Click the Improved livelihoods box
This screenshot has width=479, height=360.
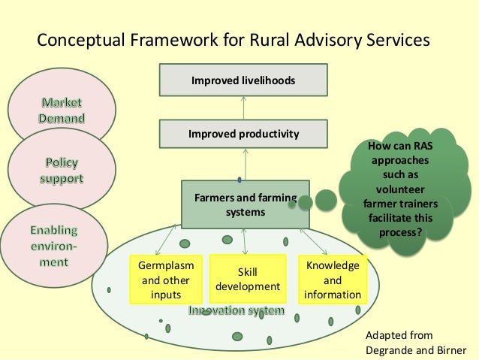coord(243,80)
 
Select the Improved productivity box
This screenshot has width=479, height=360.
coord(243,135)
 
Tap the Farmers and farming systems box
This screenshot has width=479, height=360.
coord(246,204)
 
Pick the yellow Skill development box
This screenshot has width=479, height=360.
coord(248,279)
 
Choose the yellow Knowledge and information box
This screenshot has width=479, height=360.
coord(332,279)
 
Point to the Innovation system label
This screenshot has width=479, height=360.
coord(236,310)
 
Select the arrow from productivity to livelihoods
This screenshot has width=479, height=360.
coord(243,108)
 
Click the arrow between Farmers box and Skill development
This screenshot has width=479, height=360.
coord(245,241)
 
